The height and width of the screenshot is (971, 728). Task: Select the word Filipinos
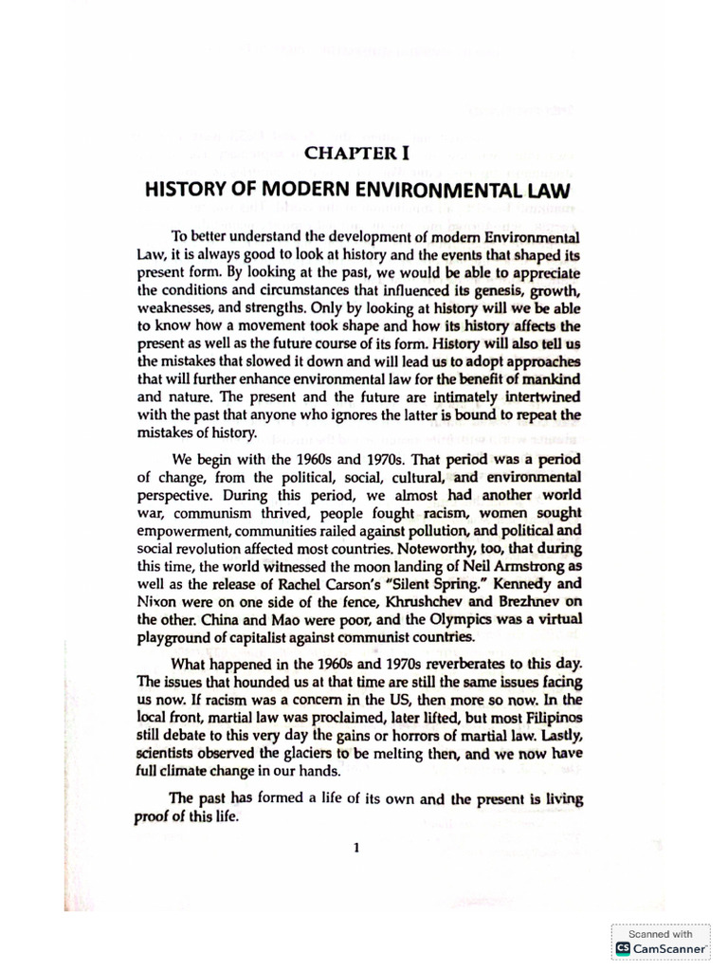point(548,719)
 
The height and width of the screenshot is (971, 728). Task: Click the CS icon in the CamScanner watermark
point(623,948)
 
